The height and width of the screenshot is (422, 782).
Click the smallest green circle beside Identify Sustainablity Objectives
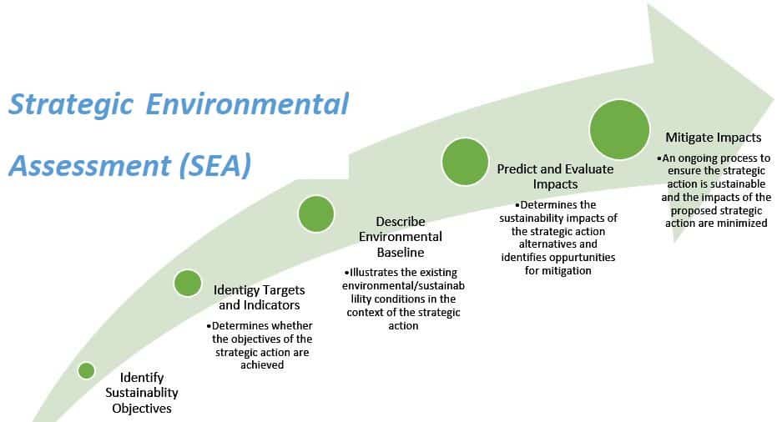tap(86, 370)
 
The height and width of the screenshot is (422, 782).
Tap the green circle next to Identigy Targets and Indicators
tap(187, 283)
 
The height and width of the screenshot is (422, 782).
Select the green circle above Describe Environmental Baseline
tap(316, 214)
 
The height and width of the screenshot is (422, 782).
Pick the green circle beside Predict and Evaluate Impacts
tap(465, 161)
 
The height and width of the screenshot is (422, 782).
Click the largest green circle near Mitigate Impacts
tap(620, 129)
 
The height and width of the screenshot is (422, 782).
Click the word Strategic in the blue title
tap(71, 105)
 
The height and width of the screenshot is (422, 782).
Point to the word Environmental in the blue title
tap(248, 105)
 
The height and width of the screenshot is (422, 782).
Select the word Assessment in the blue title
tap(88, 164)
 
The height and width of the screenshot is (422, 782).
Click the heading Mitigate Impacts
tap(712, 137)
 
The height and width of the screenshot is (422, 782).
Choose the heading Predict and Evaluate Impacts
tap(555, 176)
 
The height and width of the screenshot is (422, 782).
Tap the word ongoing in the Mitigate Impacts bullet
tap(701, 158)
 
